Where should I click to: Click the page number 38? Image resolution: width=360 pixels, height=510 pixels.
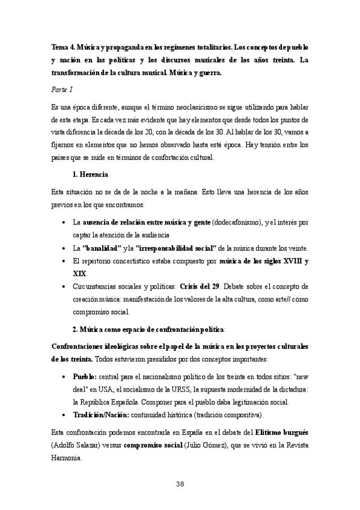pyautogui.click(x=180, y=484)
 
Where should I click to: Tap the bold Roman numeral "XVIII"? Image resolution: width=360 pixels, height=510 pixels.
pyautogui.click(x=276, y=262)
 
